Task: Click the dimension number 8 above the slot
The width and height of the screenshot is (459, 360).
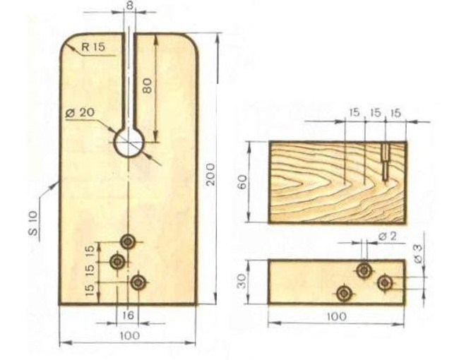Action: click(x=130, y=6)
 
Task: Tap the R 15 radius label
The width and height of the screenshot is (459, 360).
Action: click(x=93, y=47)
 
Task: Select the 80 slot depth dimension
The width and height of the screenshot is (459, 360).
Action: click(x=148, y=85)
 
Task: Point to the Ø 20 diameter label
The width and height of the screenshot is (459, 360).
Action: click(x=80, y=113)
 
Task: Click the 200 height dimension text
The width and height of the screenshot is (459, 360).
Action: click(x=210, y=174)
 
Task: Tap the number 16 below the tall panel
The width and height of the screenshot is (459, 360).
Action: click(x=128, y=316)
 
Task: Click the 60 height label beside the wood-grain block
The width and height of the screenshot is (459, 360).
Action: click(x=242, y=182)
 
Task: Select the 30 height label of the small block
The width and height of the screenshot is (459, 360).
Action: click(x=242, y=281)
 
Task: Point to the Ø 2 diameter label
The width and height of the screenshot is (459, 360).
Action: click(x=387, y=236)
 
